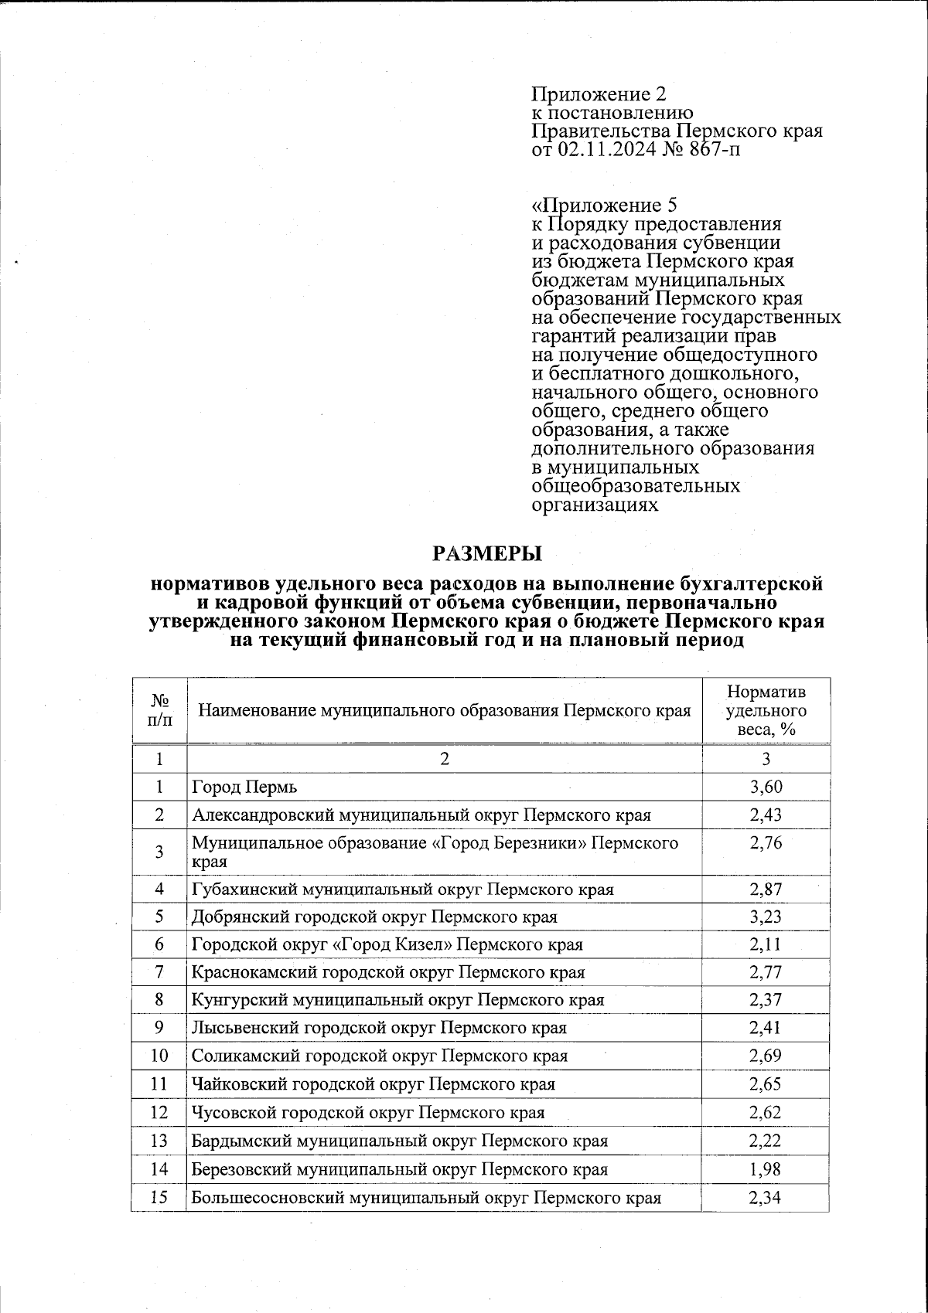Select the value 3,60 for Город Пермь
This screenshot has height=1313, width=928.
[766, 787]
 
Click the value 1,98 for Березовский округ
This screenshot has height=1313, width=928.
[766, 1169]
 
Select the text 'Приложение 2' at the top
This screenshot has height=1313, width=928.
[598, 94]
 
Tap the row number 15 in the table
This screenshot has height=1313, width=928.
[159, 1198]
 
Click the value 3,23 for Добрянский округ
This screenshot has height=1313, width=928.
[766, 917]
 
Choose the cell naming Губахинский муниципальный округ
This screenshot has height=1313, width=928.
[402, 889]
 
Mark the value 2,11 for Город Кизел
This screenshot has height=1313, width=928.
[766, 944]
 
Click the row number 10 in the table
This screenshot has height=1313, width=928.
[159, 1056]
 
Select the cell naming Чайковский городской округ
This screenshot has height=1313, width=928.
[373, 1083]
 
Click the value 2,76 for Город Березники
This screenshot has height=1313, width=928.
[766, 843]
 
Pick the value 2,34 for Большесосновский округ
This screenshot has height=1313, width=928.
[766, 1198]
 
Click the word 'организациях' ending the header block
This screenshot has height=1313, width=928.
[595, 505]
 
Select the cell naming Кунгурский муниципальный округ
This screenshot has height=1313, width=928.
[397, 1000]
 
